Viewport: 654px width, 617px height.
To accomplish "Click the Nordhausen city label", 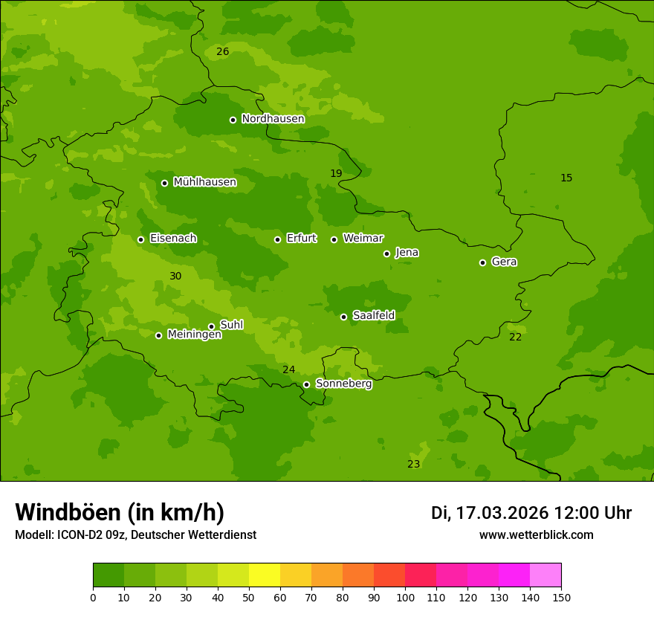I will tap(273, 119).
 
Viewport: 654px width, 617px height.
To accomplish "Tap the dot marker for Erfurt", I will tap(277, 239).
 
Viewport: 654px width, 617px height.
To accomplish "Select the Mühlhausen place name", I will tap(204, 182).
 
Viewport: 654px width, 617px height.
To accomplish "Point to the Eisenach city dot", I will tap(140, 239).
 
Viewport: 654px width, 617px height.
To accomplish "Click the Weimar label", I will tap(363, 239).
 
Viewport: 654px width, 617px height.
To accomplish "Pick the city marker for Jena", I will tap(386, 253).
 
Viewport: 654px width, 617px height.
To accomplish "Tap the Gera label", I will tap(504, 262).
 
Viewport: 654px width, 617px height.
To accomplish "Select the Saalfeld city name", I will tap(373, 316).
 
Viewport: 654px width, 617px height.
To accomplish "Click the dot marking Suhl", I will tap(211, 326).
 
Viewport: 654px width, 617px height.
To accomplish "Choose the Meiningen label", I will tap(194, 335).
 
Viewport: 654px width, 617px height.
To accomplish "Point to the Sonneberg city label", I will tap(343, 384).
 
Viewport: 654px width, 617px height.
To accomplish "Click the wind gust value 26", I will tap(222, 51).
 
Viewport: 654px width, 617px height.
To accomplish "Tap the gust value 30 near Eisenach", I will tap(175, 276).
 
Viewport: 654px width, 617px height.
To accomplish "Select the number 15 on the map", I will tap(566, 178).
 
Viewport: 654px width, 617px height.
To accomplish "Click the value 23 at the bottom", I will tap(414, 464).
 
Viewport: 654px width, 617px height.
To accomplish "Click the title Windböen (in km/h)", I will tap(120, 512).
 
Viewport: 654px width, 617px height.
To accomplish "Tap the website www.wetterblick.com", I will tap(536, 534).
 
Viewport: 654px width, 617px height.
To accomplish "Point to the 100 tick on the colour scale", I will tap(405, 597).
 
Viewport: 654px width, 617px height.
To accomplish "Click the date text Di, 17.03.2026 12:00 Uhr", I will tap(531, 513).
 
